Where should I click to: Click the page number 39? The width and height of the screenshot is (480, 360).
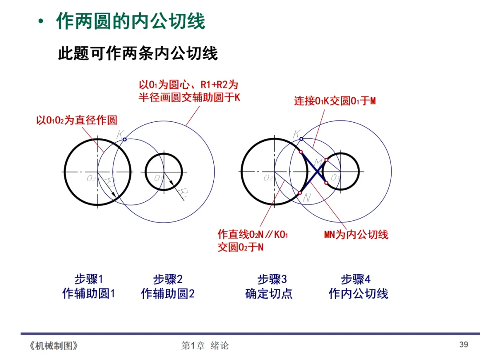pyautogui.click(x=464, y=344)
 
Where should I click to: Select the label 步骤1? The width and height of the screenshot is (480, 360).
pyautogui.click(x=88, y=279)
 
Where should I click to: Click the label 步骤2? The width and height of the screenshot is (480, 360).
pyautogui.click(x=168, y=279)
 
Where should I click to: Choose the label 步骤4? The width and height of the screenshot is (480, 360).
pyautogui.click(x=356, y=279)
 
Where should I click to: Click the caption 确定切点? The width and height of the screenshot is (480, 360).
pyautogui.click(x=269, y=294)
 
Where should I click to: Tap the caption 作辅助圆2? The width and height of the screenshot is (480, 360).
pyautogui.click(x=168, y=294)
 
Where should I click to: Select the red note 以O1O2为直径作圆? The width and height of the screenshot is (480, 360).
pyautogui.click(x=76, y=120)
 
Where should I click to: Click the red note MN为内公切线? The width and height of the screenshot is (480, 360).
pyautogui.click(x=356, y=235)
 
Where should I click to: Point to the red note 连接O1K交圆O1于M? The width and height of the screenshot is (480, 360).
pyautogui.click(x=335, y=101)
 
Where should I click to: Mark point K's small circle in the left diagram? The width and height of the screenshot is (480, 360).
pyautogui.click(x=124, y=140)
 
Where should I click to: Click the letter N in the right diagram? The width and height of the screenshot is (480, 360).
pyautogui.click(x=306, y=199)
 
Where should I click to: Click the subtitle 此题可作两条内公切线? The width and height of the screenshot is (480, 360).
pyautogui.click(x=138, y=54)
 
